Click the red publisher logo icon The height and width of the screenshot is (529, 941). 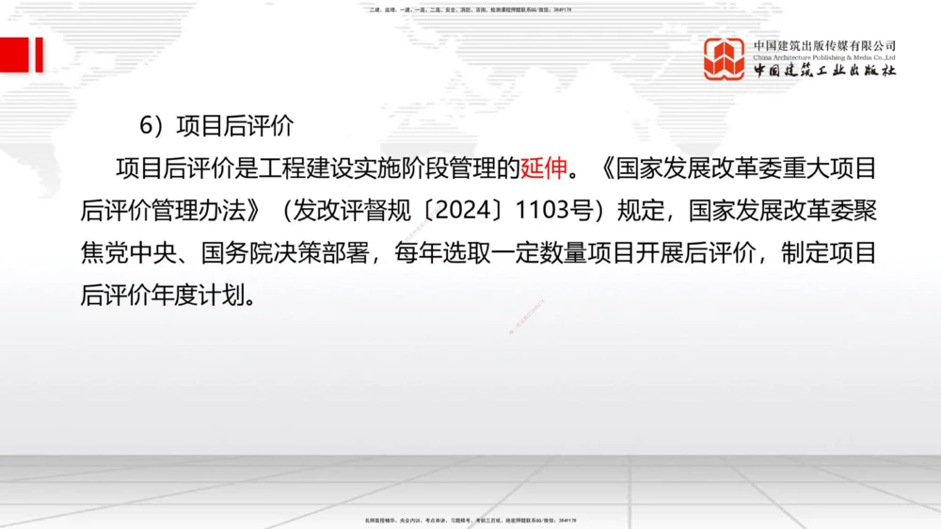(x=725, y=58)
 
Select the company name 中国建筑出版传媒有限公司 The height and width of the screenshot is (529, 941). (x=824, y=45)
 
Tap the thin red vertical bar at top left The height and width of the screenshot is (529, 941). (x=40, y=55)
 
